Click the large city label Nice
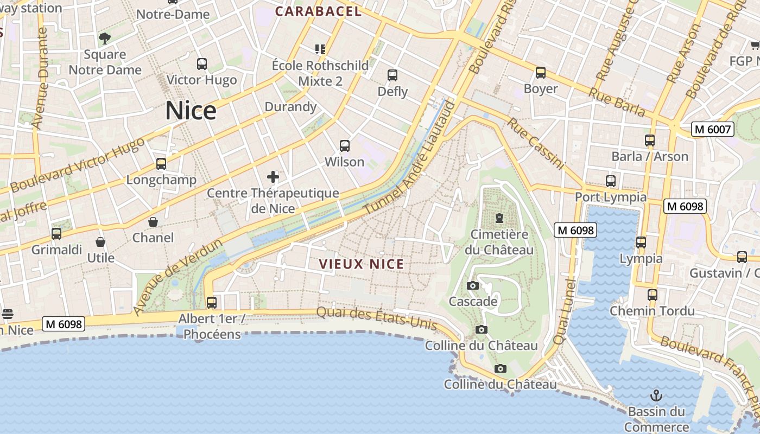(x=191, y=111)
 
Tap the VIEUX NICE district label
(x=361, y=264)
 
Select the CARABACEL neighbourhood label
(x=318, y=11)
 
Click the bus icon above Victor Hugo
(x=202, y=64)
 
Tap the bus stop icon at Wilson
(x=345, y=146)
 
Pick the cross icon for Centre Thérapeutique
(x=273, y=177)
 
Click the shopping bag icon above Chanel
(x=153, y=222)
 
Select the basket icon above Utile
(x=100, y=241)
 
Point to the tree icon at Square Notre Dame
(x=105, y=38)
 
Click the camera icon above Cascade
(x=473, y=285)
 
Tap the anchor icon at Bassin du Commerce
(x=656, y=395)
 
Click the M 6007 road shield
(x=712, y=129)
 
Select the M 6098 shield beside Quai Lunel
(x=575, y=230)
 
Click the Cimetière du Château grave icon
(x=499, y=218)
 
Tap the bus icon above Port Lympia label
(x=611, y=181)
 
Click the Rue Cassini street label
(x=536, y=144)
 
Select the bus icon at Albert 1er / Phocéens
(x=212, y=302)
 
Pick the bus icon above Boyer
(x=540, y=73)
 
